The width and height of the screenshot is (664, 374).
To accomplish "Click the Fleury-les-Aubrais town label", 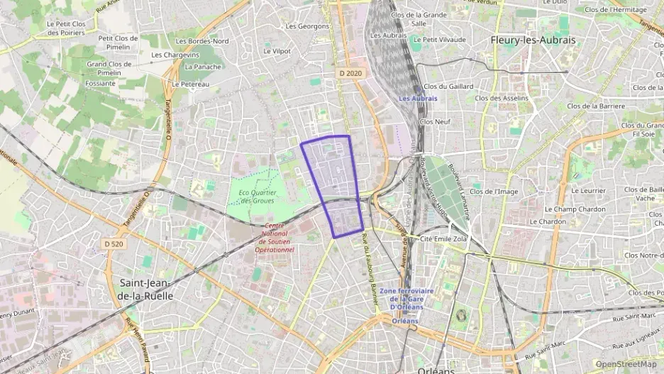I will (533, 40).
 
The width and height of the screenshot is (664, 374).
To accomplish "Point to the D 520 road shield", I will (114, 243).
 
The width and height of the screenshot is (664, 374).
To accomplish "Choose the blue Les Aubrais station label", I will (418, 99).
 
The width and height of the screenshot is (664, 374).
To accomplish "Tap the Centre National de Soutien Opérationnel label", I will (275, 238).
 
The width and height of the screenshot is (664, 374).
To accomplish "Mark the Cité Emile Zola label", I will (443, 239).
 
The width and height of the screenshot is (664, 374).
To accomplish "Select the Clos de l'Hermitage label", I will (616, 9).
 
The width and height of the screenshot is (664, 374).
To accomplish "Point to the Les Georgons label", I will (307, 26).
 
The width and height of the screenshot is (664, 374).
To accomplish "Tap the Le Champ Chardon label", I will (575, 209).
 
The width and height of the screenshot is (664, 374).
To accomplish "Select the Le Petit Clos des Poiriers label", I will (66, 28).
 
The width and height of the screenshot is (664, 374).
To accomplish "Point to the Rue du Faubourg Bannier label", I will (368, 270).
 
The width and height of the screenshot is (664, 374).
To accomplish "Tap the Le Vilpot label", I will (277, 51).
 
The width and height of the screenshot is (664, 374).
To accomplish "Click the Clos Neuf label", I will (435, 121).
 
